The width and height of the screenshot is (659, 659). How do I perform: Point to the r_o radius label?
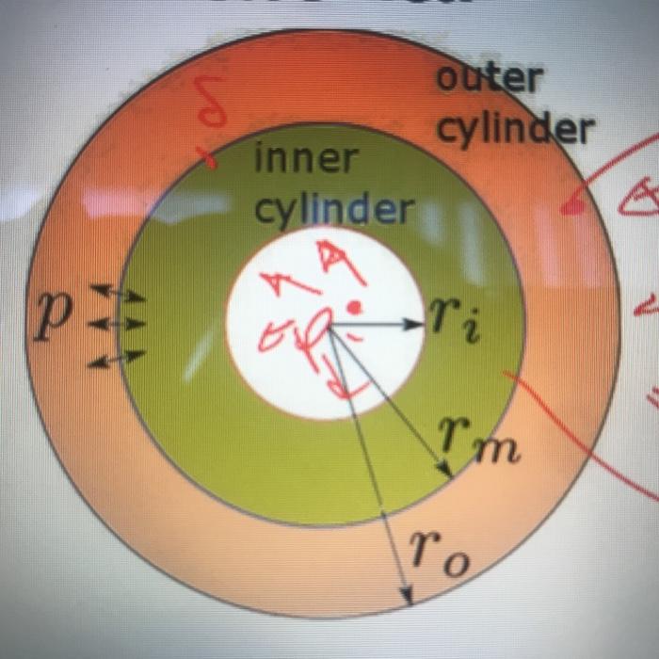[439, 551]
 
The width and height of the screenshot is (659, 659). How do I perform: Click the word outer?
[490, 80]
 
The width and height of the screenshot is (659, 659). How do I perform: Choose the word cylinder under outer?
[515, 129]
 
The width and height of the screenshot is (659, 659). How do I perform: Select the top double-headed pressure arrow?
[118, 294]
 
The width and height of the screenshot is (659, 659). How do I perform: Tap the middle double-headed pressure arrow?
[117, 324]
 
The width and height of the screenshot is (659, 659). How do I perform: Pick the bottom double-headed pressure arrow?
[118, 358]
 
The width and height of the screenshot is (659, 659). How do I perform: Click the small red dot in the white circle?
[354, 306]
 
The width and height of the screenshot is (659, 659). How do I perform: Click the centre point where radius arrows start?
[329, 325]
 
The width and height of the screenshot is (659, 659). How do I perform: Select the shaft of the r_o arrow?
[367, 461]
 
